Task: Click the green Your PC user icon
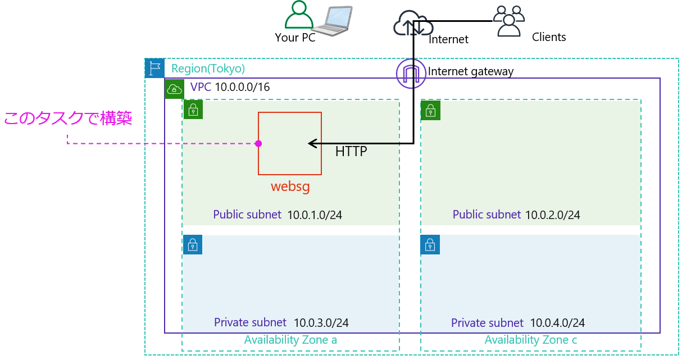pos(299,15)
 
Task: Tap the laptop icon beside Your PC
pos(333,21)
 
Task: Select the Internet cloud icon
pos(413,24)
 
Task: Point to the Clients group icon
pos(508,21)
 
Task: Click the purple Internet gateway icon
pos(411,74)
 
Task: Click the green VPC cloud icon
pos(175,89)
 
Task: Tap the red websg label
pos(290,186)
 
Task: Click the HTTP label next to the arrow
pos(351,152)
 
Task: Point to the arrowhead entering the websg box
pos(311,144)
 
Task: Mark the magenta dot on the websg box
pos(258,144)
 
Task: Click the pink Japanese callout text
pos(68,119)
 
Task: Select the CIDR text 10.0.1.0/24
pos(315,215)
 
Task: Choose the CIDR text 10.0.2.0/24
pos(553,215)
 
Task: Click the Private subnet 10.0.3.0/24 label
pos(281,323)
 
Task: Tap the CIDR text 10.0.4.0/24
pos(557,323)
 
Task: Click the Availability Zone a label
pos(290,340)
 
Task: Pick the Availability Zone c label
pos(531,340)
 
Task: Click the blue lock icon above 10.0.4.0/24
pos(430,245)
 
